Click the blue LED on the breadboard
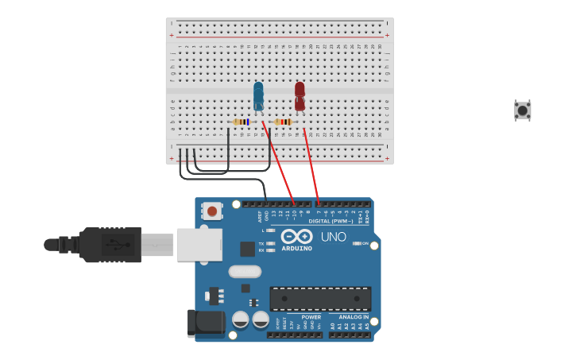click(x=258, y=95)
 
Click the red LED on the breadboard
click(x=300, y=95)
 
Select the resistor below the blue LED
click(x=241, y=122)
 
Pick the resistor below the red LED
click(x=283, y=122)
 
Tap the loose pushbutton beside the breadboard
click(x=522, y=110)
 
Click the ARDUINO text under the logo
click(x=296, y=248)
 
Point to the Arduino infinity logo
click(x=296, y=236)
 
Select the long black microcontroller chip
click(x=320, y=299)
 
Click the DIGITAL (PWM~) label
click(x=331, y=221)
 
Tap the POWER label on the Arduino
click(x=311, y=317)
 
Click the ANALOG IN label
click(x=354, y=317)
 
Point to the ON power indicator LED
click(x=356, y=243)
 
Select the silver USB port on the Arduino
click(x=199, y=245)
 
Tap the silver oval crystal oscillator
click(x=245, y=271)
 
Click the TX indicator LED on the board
click(x=271, y=243)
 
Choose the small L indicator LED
click(x=271, y=230)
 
